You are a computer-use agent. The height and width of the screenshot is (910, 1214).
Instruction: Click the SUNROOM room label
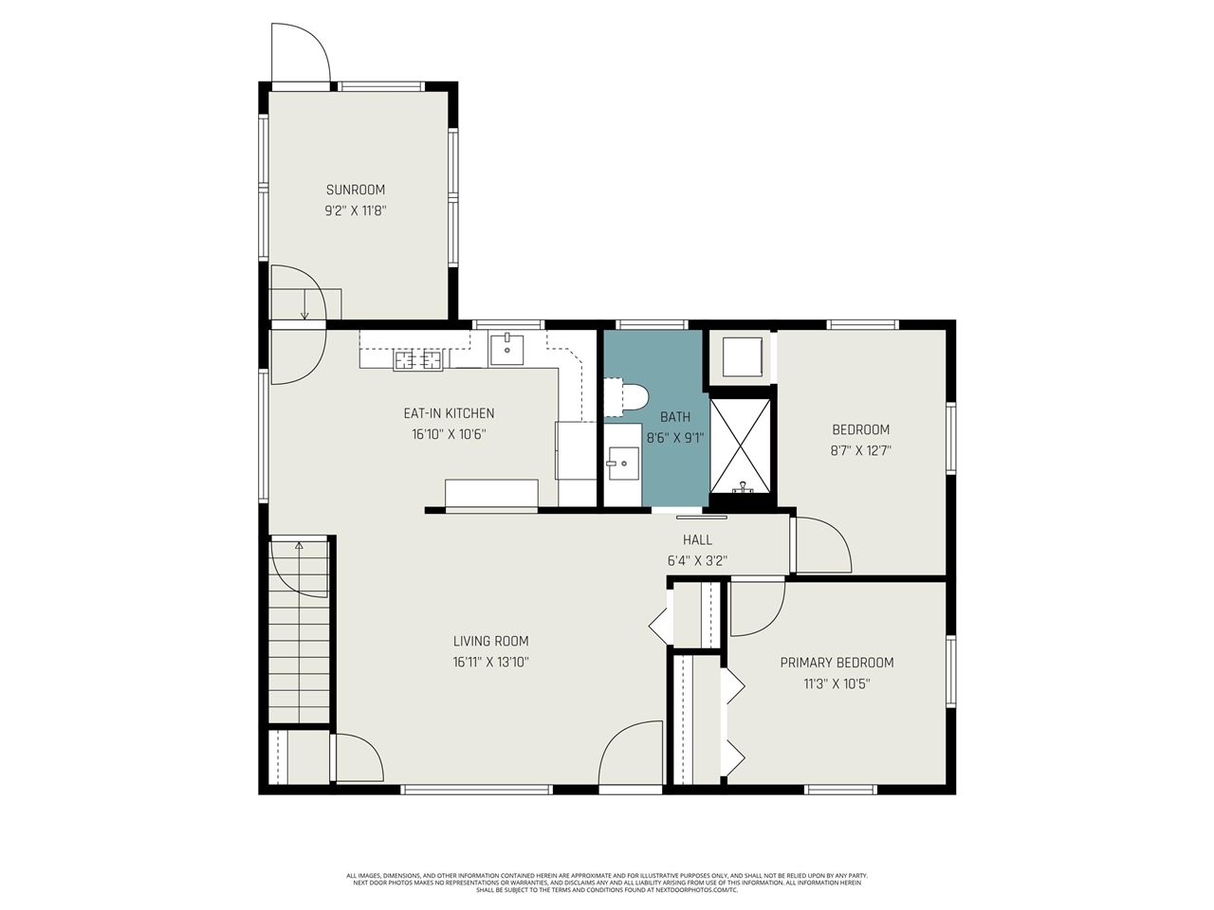[356, 190]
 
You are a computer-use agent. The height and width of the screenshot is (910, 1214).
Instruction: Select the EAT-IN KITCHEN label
[449, 413]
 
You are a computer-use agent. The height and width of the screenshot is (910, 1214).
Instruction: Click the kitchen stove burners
[418, 359]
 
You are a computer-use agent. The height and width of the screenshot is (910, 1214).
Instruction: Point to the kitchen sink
[507, 349]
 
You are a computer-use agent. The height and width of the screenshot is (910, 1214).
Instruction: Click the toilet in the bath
[629, 397]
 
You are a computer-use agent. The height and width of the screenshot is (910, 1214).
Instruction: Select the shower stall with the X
[742, 443]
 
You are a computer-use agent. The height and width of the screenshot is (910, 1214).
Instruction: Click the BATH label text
[675, 417]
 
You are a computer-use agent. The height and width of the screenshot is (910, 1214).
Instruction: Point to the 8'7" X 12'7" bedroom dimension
[861, 451]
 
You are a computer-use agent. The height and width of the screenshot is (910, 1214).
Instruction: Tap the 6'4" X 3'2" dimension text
[697, 561]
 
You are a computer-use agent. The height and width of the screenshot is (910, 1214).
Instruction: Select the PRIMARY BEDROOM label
[837, 663]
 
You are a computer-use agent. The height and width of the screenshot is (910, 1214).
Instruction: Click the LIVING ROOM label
[490, 641]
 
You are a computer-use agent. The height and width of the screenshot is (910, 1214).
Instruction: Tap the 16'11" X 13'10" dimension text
[490, 663]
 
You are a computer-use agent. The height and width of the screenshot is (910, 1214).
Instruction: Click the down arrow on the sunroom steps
[304, 306]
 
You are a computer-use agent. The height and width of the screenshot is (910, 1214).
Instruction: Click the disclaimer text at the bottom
[607, 883]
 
